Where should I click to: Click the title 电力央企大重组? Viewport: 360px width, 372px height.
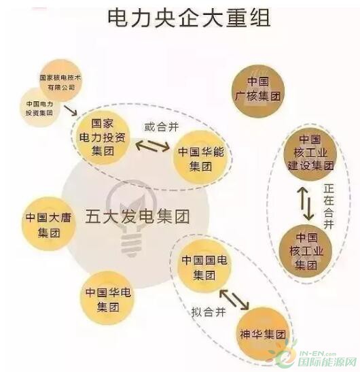click(x=189, y=18)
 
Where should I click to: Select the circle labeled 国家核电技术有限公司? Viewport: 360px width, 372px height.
click(x=60, y=81)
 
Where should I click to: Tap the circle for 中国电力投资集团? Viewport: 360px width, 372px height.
click(x=39, y=107)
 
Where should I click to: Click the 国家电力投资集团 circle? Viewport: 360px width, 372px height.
click(x=103, y=137)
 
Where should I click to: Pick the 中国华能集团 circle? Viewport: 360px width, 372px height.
click(x=201, y=158)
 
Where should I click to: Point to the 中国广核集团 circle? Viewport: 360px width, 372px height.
click(x=258, y=91)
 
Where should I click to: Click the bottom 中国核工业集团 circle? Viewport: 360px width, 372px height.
click(x=306, y=252)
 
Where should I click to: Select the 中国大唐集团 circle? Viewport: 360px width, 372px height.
click(x=49, y=224)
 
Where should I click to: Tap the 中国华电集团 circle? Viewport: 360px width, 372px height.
click(x=108, y=299)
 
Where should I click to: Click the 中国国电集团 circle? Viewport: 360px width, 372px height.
click(x=204, y=267)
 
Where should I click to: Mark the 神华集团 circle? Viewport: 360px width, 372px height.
click(x=263, y=335)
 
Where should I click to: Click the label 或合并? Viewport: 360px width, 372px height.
click(x=162, y=127)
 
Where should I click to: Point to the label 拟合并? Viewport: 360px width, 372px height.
click(x=209, y=311)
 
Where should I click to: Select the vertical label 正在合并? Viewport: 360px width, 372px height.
click(x=329, y=207)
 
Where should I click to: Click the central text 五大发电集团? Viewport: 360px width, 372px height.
click(x=138, y=216)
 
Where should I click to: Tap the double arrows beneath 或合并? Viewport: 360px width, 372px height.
click(x=153, y=145)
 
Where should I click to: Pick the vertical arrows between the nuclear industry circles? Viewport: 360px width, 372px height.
click(x=306, y=203)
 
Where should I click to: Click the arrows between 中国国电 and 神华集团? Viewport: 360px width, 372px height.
click(x=234, y=299)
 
